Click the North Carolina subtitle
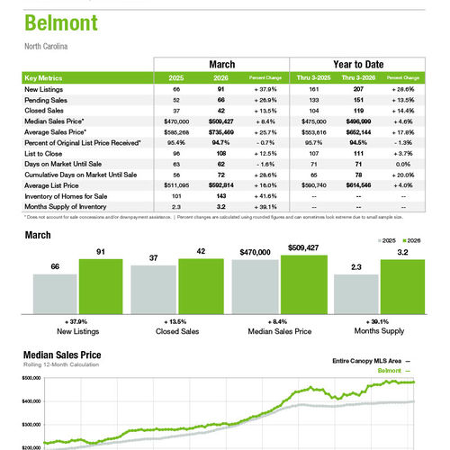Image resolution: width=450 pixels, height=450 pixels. point(46,45)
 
